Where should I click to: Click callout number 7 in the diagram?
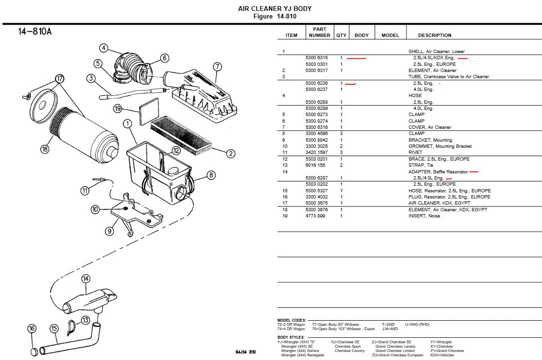pos(217,66)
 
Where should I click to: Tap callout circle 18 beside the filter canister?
pos(44,149)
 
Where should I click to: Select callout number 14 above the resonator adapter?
pos(85,279)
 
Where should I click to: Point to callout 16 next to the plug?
pos(32,329)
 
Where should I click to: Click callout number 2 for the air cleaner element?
pos(231,153)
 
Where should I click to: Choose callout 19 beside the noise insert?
pos(118,109)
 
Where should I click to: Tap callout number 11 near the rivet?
pos(85,190)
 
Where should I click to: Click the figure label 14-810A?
pos(35,32)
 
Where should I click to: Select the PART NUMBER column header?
pos(320,32)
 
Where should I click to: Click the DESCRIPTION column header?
pos(435,36)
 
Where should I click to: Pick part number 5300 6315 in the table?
pos(317,58)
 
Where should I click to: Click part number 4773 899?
pos(315,216)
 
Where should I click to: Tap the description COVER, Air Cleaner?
pos(430,127)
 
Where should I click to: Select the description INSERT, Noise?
pos(424,216)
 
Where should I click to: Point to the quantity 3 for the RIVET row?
pos(341,153)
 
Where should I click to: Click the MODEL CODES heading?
pos(292,320)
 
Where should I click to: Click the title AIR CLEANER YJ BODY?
pos(275,9)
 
